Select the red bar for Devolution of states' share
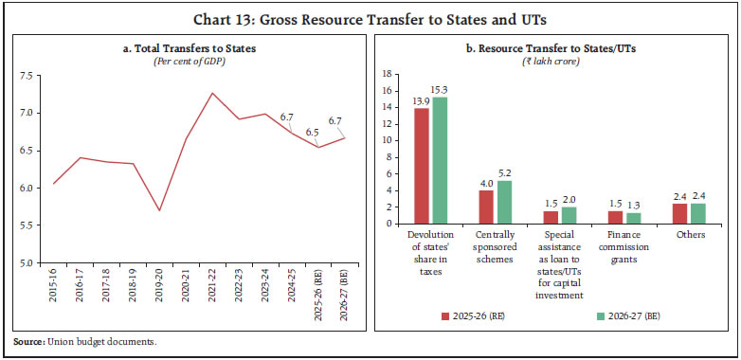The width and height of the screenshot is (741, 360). [421, 166]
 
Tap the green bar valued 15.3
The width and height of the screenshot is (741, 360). [440, 160]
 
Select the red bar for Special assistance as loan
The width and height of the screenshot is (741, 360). [551, 217]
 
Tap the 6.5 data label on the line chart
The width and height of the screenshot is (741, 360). [312, 132]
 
